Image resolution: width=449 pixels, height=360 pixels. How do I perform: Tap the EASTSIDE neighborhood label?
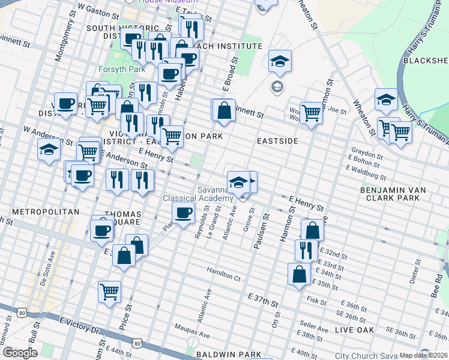pyautogui.click(x=277, y=140)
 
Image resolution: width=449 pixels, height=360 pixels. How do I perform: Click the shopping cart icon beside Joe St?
pyautogui.click(x=311, y=112)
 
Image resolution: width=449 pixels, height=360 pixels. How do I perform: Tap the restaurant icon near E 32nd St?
pyautogui.click(x=307, y=249)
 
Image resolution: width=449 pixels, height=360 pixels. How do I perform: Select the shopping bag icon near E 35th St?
pyautogui.click(x=299, y=274)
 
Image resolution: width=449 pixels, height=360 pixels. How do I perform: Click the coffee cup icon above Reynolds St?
pyautogui.click(x=184, y=212)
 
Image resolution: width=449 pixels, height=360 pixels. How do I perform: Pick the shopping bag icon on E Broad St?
pyautogui.click(x=224, y=110)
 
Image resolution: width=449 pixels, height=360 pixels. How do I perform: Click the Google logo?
pyautogui.click(x=20, y=353)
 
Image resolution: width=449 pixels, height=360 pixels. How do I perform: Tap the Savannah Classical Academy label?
pyautogui.click(x=198, y=194)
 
